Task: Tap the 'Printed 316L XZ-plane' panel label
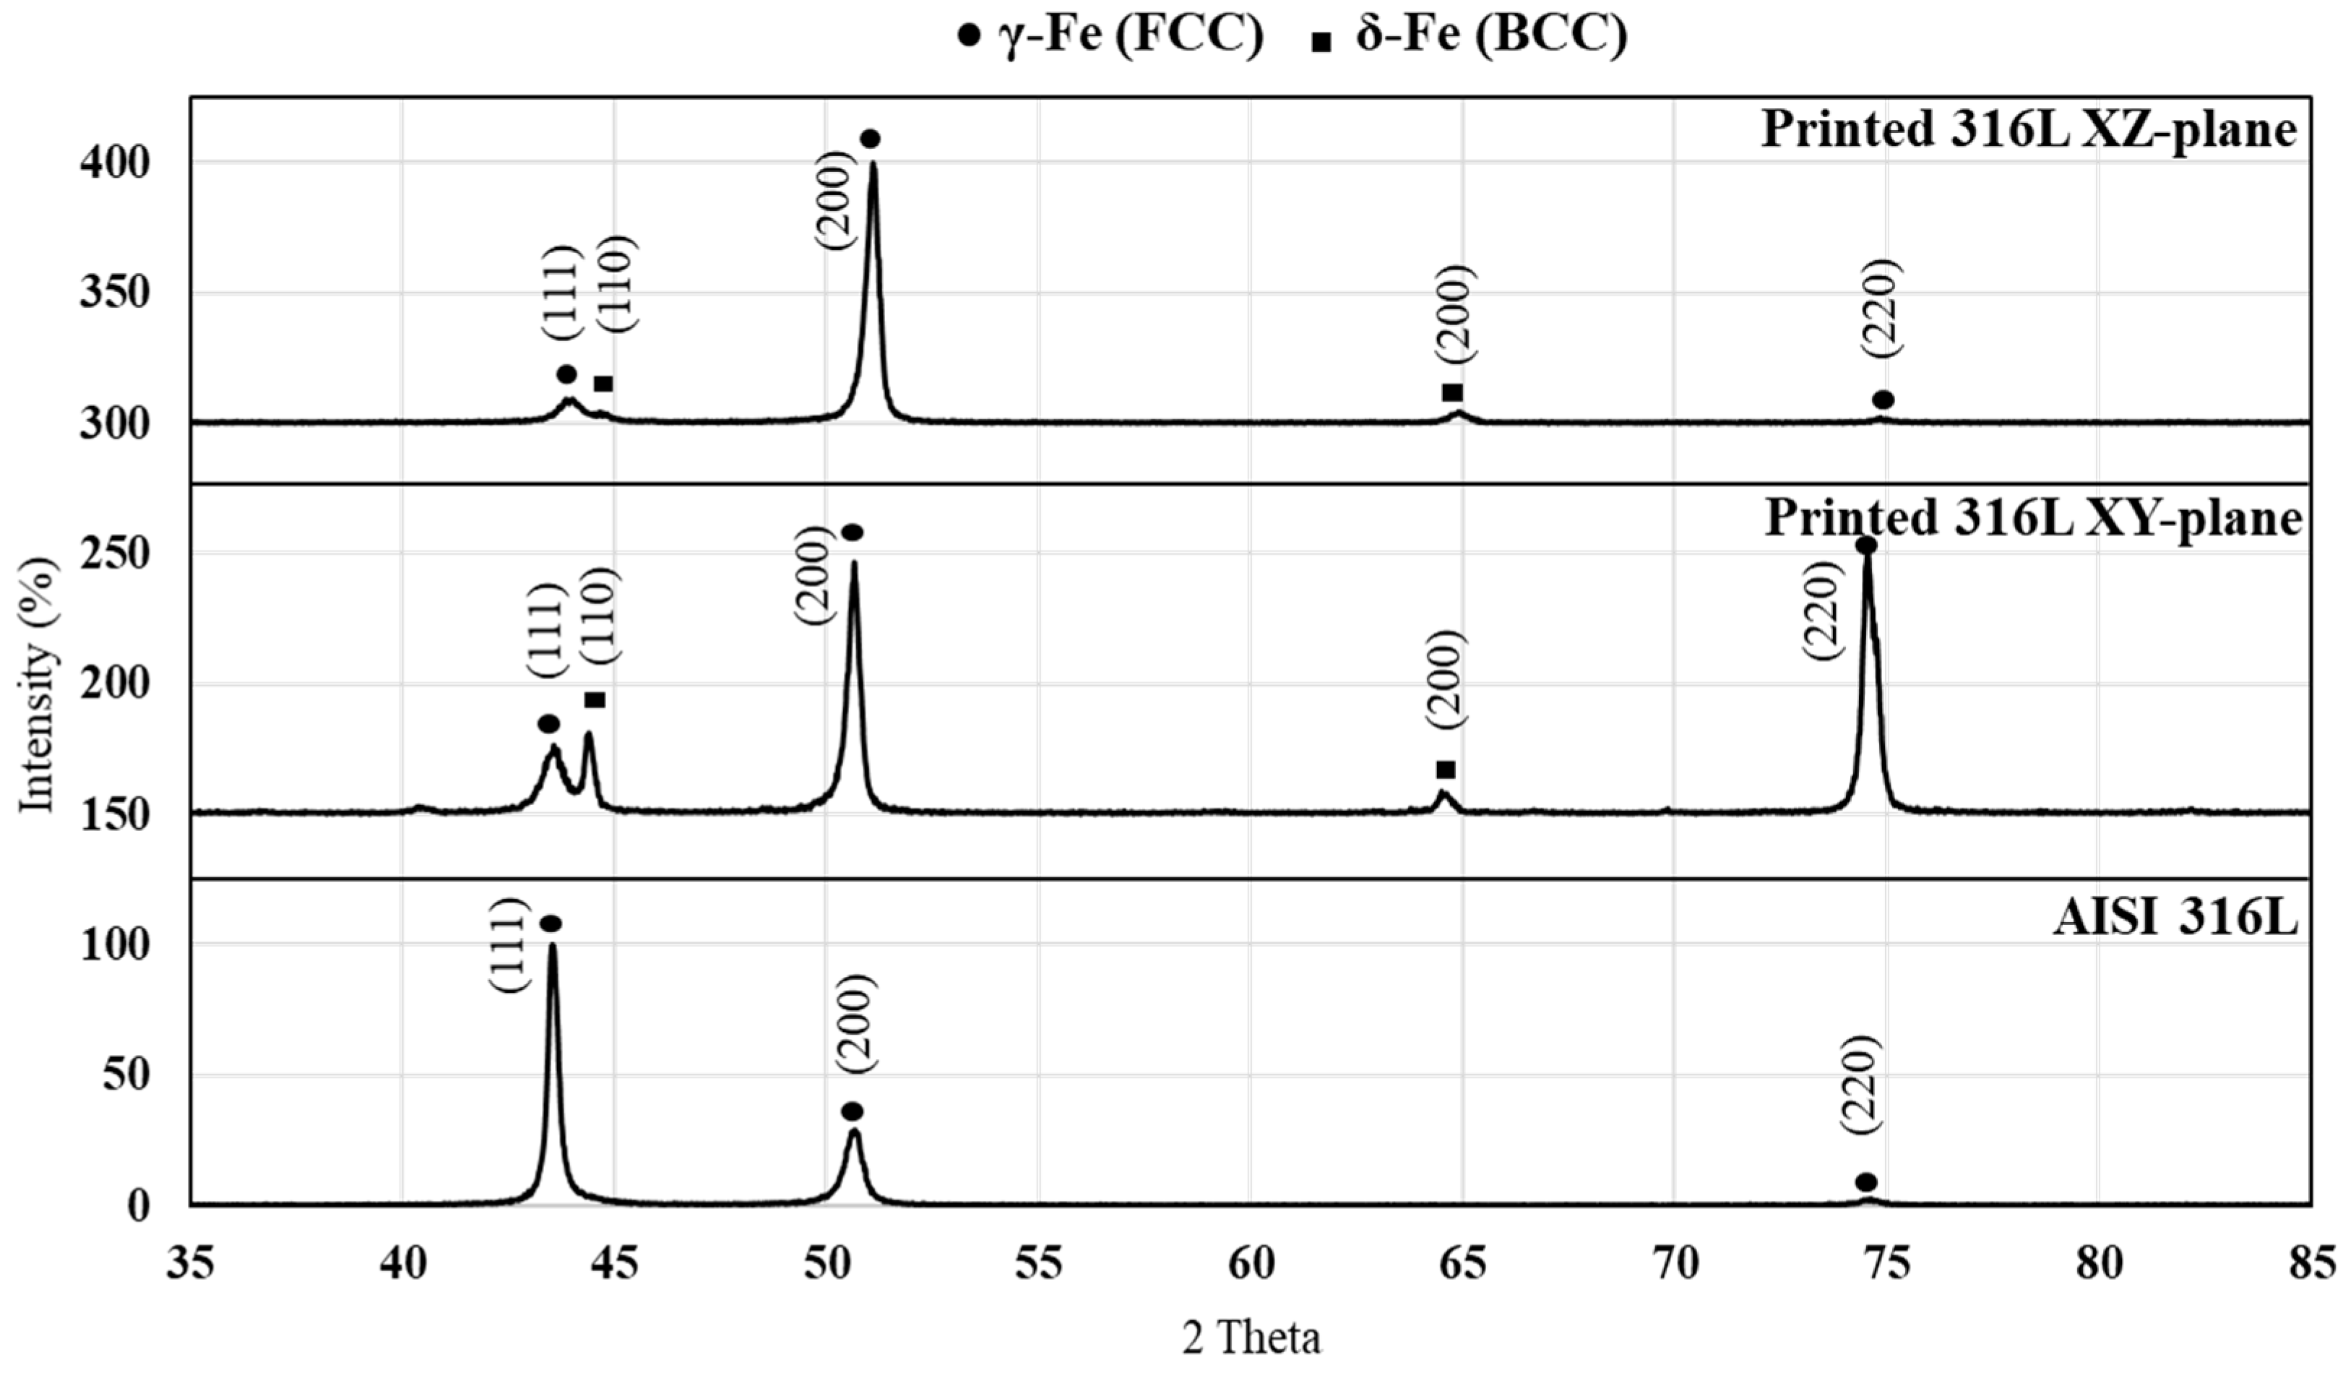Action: (x=2029, y=129)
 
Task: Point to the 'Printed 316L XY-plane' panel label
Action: (x=2034, y=517)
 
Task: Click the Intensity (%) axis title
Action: (x=38, y=684)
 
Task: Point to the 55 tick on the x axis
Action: (x=1038, y=1265)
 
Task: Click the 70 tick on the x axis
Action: (x=1675, y=1265)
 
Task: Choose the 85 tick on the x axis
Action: (x=2311, y=1265)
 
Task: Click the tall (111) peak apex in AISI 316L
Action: (x=552, y=945)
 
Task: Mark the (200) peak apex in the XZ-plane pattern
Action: (x=873, y=164)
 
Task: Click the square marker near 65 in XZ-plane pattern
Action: (x=1453, y=392)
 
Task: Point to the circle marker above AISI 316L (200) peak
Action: (x=851, y=1111)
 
